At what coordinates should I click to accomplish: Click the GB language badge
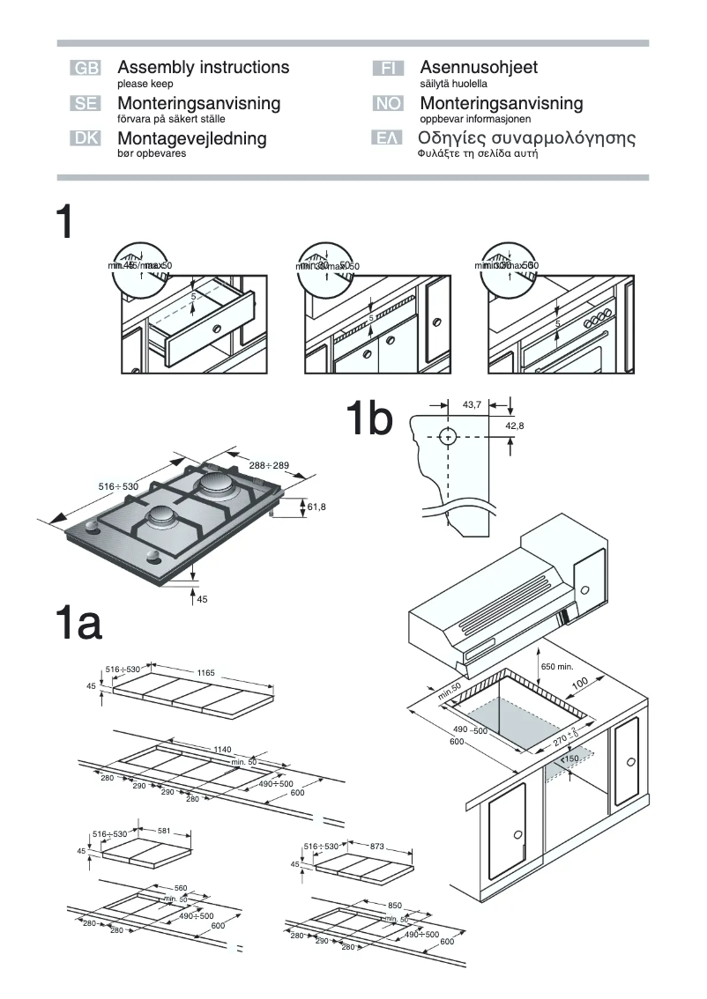pyautogui.click(x=86, y=69)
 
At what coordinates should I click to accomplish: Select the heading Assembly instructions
pyautogui.click(x=203, y=68)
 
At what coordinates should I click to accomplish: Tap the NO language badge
pyautogui.click(x=388, y=104)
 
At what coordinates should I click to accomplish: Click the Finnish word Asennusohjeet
pyautogui.click(x=479, y=68)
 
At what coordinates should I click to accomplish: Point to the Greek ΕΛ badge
pyautogui.click(x=388, y=138)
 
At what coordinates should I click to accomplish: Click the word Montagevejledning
pyautogui.click(x=191, y=138)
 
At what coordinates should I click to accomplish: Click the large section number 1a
pyautogui.click(x=78, y=624)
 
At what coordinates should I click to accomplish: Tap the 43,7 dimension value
pyautogui.click(x=472, y=404)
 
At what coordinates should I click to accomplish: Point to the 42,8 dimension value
pyautogui.click(x=514, y=425)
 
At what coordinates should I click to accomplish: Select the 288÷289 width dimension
pyautogui.click(x=269, y=464)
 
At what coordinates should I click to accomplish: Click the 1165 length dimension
pyautogui.click(x=205, y=672)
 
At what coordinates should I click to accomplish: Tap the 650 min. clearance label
pyautogui.click(x=556, y=666)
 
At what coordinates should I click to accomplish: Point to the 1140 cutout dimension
pyautogui.click(x=222, y=749)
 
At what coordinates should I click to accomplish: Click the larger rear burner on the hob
pyautogui.click(x=214, y=483)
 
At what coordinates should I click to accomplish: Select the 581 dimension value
pyautogui.click(x=163, y=831)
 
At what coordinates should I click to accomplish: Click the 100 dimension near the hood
pyautogui.click(x=579, y=684)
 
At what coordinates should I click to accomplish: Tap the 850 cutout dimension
pyautogui.click(x=394, y=905)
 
